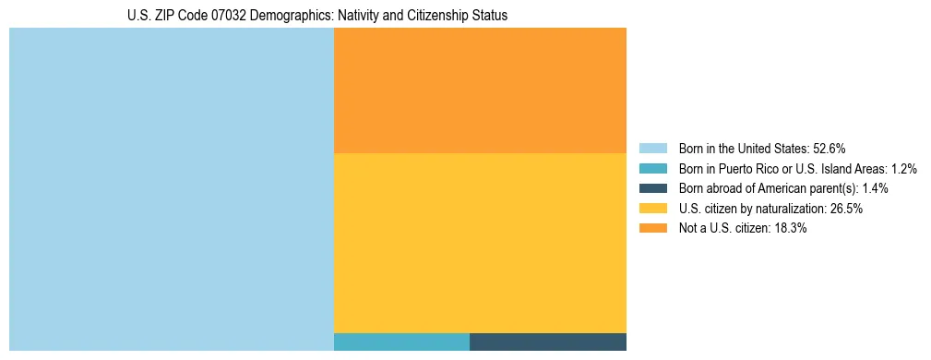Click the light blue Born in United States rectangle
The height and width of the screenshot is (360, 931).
pyautogui.click(x=171, y=189)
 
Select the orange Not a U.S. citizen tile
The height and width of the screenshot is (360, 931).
pyautogui.click(x=480, y=90)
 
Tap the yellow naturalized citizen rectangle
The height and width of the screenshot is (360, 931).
pyautogui.click(x=480, y=243)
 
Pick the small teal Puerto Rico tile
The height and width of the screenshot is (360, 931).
pyautogui.click(x=401, y=342)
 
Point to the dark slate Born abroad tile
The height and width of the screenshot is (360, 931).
pyautogui.click(x=548, y=342)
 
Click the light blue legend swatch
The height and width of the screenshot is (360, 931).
pyautogui.click(x=652, y=149)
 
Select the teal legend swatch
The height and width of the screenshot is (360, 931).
pyautogui.click(x=652, y=169)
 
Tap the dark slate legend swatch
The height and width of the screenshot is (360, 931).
pyautogui.click(x=652, y=188)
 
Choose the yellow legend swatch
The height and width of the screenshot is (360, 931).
pyautogui.click(x=652, y=209)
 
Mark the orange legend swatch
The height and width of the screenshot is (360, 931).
pyautogui.click(x=652, y=229)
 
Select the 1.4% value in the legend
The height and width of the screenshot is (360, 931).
pyautogui.click(x=875, y=188)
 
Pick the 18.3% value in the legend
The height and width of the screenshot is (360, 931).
pyautogui.click(x=791, y=229)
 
